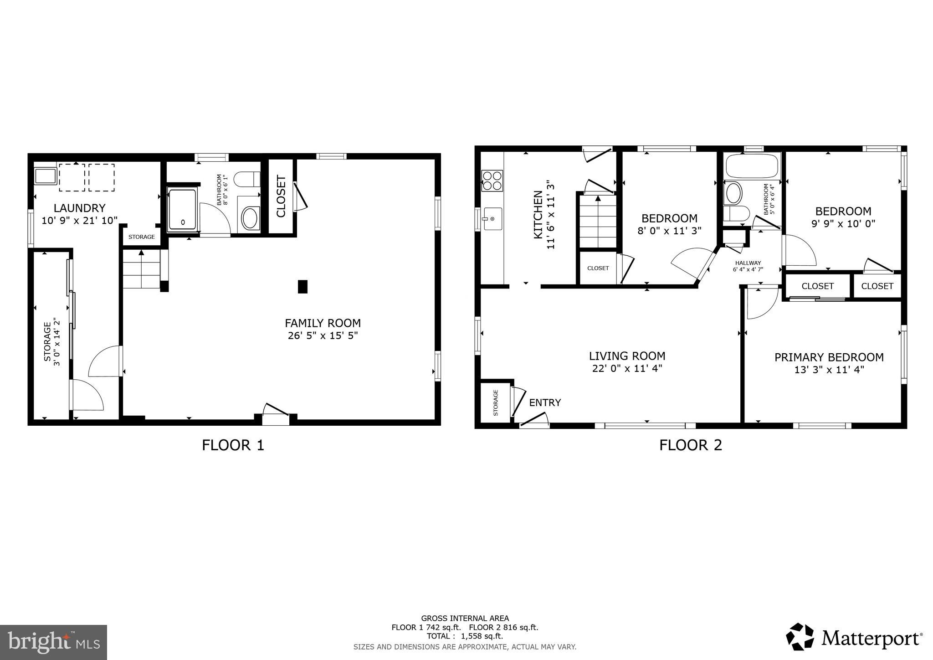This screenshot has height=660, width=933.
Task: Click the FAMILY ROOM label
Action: point(323,323)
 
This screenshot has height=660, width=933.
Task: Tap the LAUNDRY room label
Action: point(80,208)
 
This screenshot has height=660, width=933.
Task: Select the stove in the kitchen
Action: point(492,180)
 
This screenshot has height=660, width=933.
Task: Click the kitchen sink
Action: point(492,219)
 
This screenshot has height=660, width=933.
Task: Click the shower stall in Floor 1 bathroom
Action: point(182,210)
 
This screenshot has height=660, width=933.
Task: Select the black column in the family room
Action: point(302,287)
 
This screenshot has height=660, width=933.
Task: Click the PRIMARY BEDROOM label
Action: point(829,357)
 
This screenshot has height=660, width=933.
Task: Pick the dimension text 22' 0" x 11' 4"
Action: point(627,368)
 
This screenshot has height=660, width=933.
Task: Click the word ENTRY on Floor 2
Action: point(545,403)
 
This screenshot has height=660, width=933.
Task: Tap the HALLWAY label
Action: point(748,263)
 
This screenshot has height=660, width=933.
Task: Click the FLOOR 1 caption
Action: point(233,445)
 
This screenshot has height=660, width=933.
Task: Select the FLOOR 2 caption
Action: point(691,445)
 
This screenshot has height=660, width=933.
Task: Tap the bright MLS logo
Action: point(54,642)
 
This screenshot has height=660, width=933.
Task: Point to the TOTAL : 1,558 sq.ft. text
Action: point(465,636)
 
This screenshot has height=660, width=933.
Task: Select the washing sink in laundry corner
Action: point(45,176)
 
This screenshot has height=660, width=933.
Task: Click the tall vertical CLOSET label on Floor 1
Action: point(281,196)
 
